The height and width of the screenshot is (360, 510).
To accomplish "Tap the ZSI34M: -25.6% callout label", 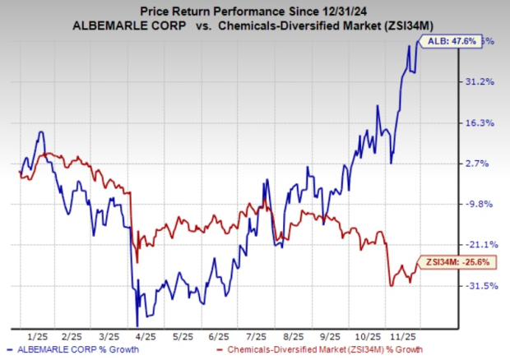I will click(x=451, y=261).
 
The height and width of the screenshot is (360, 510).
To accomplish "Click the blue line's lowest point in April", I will click(x=137, y=325).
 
